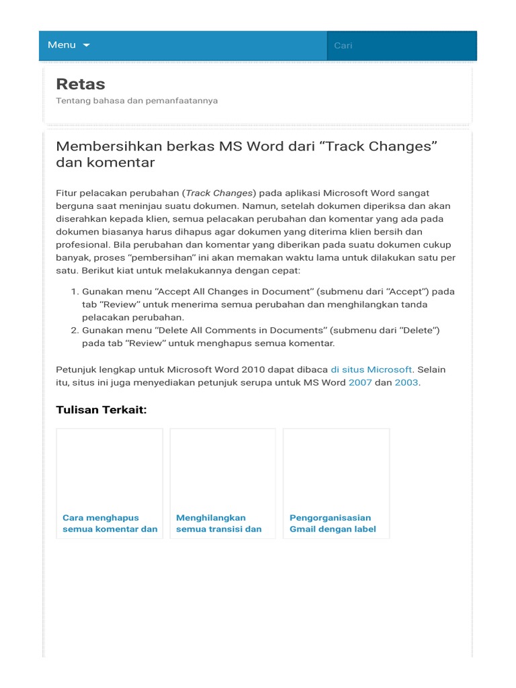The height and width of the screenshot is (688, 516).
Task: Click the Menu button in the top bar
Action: tap(62, 45)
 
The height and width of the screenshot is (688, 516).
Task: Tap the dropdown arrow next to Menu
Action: tap(86, 45)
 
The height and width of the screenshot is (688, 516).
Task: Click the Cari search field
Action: tap(401, 46)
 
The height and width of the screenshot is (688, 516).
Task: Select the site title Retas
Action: tap(81, 84)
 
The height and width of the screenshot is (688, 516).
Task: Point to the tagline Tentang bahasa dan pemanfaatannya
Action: tap(136, 101)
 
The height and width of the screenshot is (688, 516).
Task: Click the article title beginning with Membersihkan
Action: tap(247, 155)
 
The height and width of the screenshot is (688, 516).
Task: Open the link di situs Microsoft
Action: tap(371, 370)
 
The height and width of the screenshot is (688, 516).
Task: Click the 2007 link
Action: tap(360, 382)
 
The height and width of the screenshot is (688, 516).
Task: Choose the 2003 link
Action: tap(406, 382)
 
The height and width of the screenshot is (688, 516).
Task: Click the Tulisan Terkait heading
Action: tap(101, 410)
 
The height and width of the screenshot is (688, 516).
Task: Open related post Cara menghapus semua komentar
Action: tap(110, 523)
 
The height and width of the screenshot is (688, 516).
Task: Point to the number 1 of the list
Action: tap(73, 292)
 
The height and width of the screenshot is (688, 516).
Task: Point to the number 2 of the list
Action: tap(73, 331)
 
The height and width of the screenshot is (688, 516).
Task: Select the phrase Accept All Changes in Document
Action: tap(210, 292)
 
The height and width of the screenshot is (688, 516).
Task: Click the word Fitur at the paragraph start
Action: tap(67, 193)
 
